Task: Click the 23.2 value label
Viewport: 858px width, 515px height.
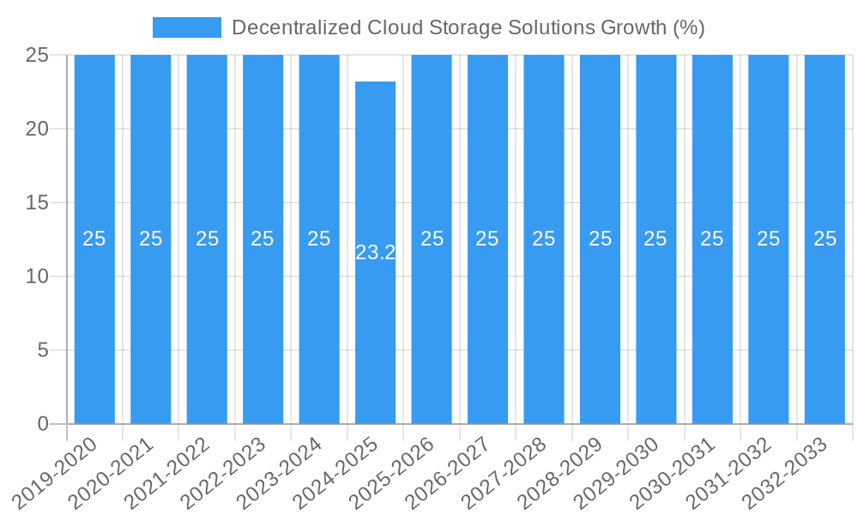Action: [376, 252]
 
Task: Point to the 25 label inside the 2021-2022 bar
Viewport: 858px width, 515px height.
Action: [207, 239]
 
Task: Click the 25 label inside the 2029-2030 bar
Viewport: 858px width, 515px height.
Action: [656, 239]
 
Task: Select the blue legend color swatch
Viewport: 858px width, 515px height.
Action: [186, 27]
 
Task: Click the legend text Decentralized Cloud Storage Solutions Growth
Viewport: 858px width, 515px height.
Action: [468, 27]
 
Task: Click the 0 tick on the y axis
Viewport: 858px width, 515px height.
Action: [44, 424]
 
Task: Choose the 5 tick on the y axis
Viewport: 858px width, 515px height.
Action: [44, 350]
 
